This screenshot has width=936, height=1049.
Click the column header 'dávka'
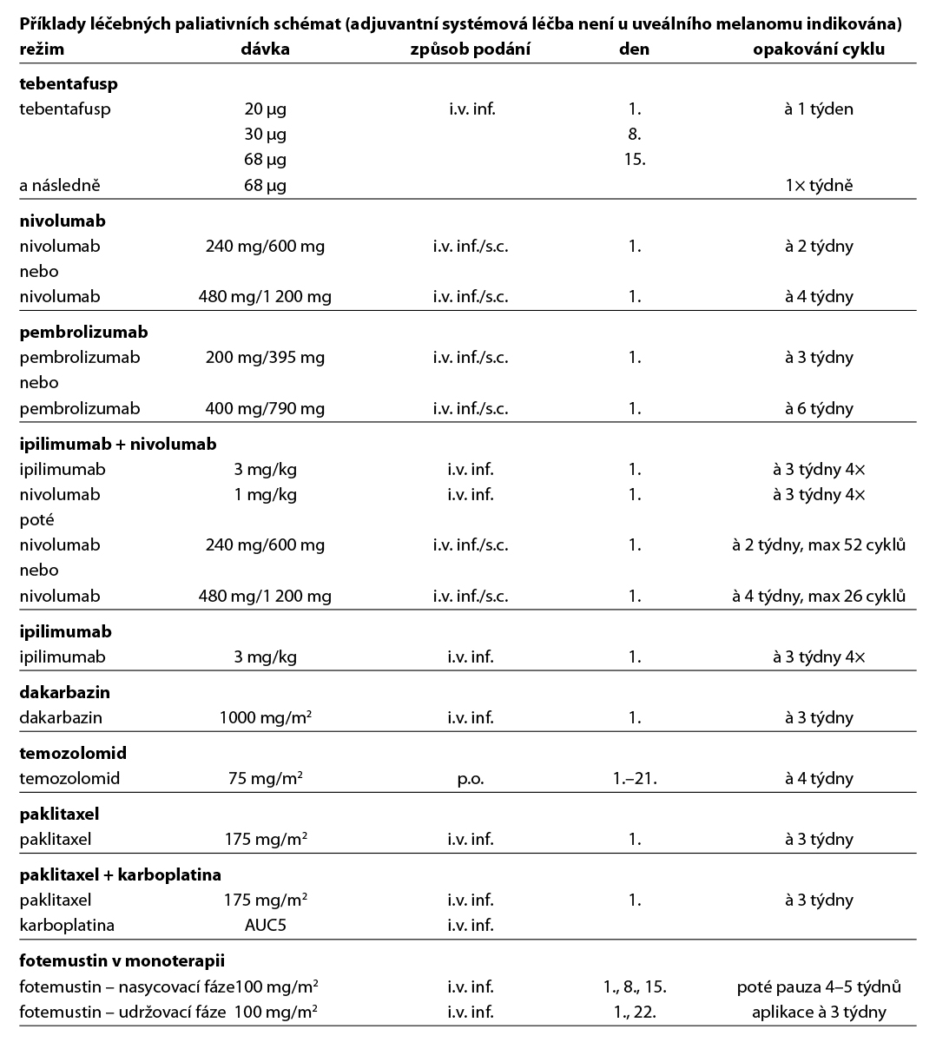(265, 49)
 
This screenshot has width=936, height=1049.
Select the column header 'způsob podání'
(470, 49)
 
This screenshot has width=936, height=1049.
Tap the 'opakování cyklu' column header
(819, 49)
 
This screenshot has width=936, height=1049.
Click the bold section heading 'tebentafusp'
(69, 84)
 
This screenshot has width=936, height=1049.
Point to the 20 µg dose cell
(265, 109)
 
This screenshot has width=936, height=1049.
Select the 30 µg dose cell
(265, 135)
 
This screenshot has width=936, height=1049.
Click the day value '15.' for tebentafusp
(634, 160)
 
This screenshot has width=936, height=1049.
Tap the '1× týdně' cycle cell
(819, 186)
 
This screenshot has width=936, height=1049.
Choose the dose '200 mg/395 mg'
(265, 358)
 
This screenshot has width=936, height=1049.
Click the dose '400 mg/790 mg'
(265, 409)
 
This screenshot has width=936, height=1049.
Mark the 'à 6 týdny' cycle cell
(819, 409)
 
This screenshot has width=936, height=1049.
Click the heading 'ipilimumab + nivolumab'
(118, 445)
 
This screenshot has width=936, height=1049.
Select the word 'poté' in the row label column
(36, 520)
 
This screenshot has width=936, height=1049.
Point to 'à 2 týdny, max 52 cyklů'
(819, 545)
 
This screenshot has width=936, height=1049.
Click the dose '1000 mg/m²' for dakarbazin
(265, 718)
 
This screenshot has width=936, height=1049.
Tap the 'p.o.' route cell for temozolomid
(470, 779)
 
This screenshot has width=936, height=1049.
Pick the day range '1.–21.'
(634, 779)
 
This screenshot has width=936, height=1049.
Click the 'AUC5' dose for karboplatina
(265, 926)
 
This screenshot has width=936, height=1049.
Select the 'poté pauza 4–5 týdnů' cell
(819, 987)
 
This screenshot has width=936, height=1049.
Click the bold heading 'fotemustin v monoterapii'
(122, 961)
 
